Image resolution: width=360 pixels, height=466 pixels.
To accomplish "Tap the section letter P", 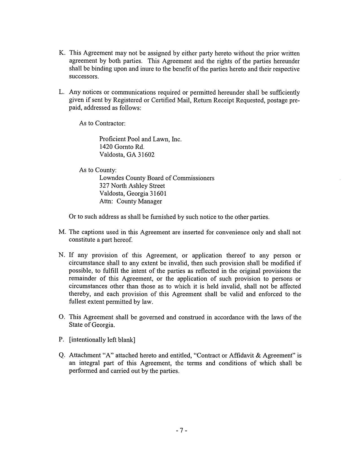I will pos(61,340).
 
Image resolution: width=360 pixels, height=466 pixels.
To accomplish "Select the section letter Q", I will pos(62,355).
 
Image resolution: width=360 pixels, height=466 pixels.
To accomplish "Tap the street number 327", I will pos(104,186).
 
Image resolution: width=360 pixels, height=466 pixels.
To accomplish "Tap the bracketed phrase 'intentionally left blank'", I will pos(102,340).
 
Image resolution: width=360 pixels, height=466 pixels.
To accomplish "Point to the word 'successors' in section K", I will pos(84,77).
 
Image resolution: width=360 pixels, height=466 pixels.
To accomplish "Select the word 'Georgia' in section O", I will pos(105,325).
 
